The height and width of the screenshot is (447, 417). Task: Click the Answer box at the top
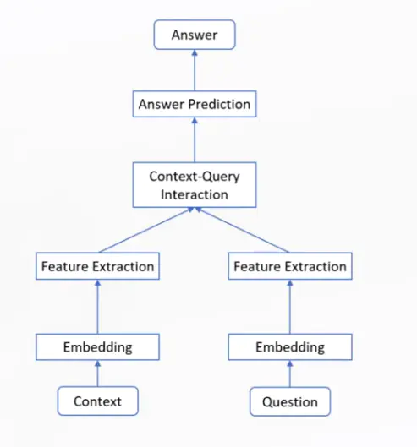194,35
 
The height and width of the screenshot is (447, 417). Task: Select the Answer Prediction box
194,105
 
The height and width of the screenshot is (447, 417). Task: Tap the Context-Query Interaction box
194,185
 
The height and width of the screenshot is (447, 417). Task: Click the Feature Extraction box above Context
97,266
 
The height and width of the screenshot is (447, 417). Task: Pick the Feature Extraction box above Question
290,266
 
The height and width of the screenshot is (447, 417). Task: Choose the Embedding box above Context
97,346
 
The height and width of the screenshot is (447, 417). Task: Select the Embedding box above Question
290,346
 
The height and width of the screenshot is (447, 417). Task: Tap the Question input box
290,401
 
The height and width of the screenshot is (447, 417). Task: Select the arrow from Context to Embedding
97,373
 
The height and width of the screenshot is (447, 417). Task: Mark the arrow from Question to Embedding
290,373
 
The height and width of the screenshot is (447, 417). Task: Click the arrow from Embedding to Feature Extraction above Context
97,307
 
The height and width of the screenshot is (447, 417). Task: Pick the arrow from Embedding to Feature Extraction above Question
290,307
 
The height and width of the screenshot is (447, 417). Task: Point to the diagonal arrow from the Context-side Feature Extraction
145,231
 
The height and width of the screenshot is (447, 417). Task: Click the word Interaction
194,194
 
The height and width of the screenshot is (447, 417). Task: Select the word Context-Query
194,177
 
